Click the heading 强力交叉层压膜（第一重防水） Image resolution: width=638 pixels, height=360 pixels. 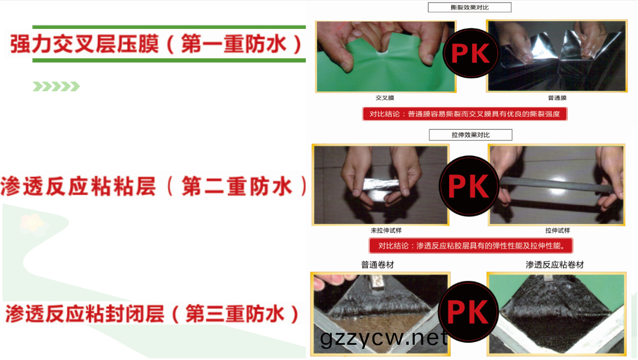[x=156, y=44]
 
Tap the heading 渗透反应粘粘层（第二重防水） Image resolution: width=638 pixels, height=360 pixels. [x=154, y=186]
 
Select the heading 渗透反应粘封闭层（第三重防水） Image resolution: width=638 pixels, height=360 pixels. [x=152, y=313]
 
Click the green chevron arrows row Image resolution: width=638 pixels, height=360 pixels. [x=56, y=86]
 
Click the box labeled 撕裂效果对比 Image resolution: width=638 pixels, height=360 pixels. [x=470, y=8]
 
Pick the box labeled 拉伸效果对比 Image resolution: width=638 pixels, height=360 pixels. [x=471, y=135]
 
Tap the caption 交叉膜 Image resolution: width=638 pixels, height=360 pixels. [x=385, y=98]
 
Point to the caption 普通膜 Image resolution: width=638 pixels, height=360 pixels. [x=557, y=98]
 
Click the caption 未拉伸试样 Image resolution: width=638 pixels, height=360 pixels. [x=386, y=230]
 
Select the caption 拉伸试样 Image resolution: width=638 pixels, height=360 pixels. [x=557, y=230]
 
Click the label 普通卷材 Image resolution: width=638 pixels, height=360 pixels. [x=377, y=265]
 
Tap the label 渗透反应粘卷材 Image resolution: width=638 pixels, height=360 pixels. [x=554, y=265]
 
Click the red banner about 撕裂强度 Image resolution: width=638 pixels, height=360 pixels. [x=465, y=114]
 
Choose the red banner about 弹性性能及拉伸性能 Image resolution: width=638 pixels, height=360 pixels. [x=471, y=245]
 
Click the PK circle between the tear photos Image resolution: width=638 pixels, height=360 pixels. [x=471, y=53]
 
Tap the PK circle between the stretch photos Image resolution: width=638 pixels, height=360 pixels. [x=469, y=186]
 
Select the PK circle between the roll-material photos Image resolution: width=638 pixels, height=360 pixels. [x=468, y=312]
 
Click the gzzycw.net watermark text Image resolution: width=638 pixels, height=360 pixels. [x=383, y=338]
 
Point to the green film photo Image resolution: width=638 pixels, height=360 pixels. [x=385, y=56]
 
